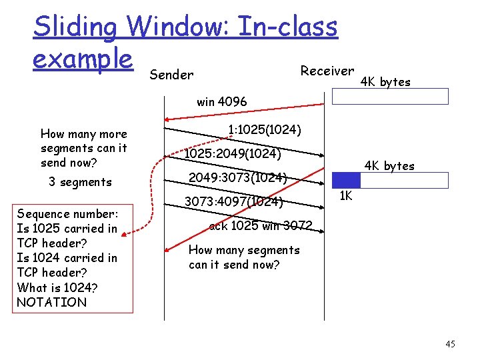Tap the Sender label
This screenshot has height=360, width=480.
pyautogui.click(x=171, y=75)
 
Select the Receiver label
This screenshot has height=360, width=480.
pyautogui.click(x=327, y=71)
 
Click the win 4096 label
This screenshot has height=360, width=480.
pyautogui.click(x=221, y=102)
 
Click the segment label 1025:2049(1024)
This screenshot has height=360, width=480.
pyautogui.click(x=233, y=154)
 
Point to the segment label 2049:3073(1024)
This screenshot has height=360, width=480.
pyautogui.click(x=237, y=178)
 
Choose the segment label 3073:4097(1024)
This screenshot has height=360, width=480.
pyautogui.click(x=233, y=201)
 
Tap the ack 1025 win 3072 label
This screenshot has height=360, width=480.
pyautogui.click(x=260, y=226)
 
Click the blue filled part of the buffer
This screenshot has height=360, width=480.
pyautogui.click(x=346, y=180)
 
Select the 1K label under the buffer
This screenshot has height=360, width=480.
pyautogui.click(x=345, y=196)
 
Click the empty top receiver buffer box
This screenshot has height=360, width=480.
pyautogui.click(x=391, y=97)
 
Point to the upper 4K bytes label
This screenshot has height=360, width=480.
pyautogui.click(x=385, y=82)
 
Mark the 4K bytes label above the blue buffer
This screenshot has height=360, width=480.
pyautogui.click(x=389, y=165)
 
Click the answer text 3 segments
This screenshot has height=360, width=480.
pyautogui.click(x=80, y=182)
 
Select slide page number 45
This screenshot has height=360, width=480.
pyautogui.click(x=450, y=344)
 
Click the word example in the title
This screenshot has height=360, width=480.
pyautogui.click(x=83, y=59)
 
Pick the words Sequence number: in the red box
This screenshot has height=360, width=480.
pyautogui.click(x=67, y=214)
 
